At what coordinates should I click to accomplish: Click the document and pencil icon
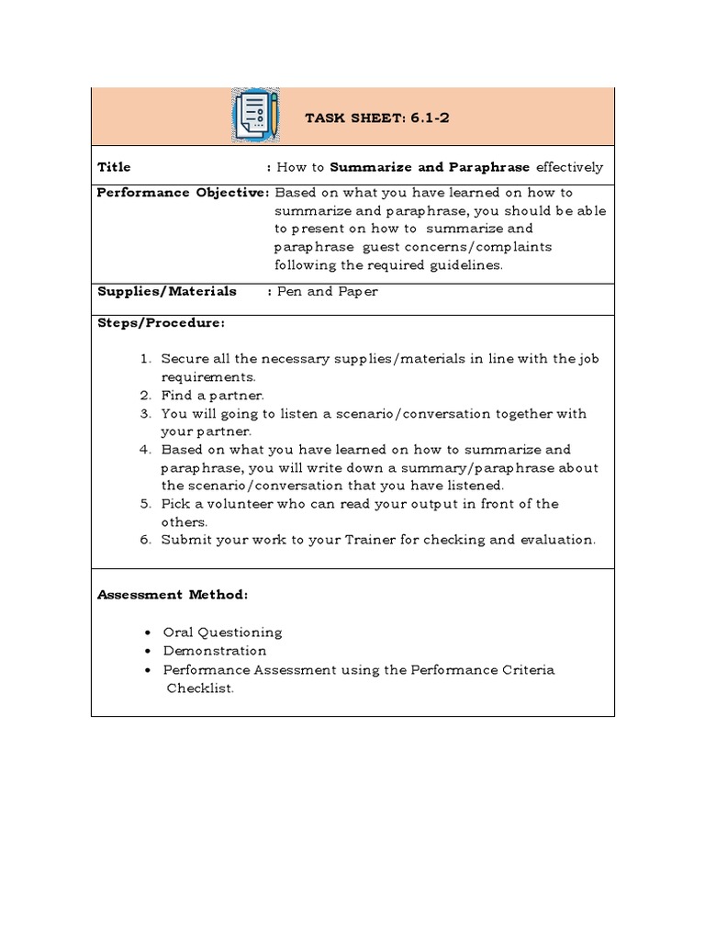click(255, 116)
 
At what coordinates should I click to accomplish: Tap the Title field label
click(114, 167)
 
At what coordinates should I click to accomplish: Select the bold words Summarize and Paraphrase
click(430, 167)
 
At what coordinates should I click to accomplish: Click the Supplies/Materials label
click(166, 291)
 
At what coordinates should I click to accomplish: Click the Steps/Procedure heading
click(161, 323)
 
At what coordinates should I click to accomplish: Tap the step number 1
click(145, 359)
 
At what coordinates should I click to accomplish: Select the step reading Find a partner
click(212, 396)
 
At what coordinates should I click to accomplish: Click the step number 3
click(145, 414)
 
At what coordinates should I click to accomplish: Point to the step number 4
click(145, 450)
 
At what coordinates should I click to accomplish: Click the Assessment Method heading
click(173, 595)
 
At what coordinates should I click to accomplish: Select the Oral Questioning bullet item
click(222, 632)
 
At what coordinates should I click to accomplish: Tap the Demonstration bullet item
click(215, 651)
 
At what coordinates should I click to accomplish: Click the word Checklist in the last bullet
click(199, 688)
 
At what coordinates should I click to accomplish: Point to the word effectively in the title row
click(569, 167)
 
